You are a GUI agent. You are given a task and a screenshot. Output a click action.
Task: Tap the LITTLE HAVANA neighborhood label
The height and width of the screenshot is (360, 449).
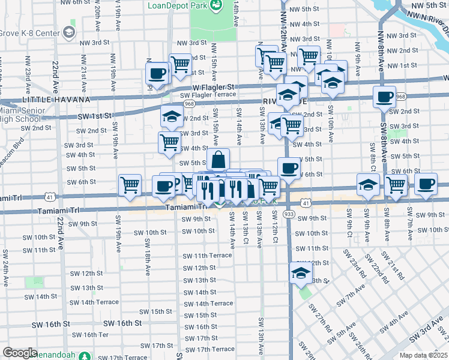(56, 100)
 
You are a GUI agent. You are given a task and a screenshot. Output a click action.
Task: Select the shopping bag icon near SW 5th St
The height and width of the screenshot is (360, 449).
(218, 160)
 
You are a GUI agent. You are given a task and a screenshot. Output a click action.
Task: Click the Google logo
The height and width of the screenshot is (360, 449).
(20, 353)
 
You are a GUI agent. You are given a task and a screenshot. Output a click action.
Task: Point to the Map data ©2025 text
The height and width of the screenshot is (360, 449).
(423, 355)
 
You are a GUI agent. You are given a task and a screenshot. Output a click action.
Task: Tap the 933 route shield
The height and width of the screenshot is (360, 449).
(289, 214)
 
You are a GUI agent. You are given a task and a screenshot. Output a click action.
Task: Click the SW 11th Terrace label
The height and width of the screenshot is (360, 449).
(208, 256)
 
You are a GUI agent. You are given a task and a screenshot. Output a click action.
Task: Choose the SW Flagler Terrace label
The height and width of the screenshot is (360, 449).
(208, 95)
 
